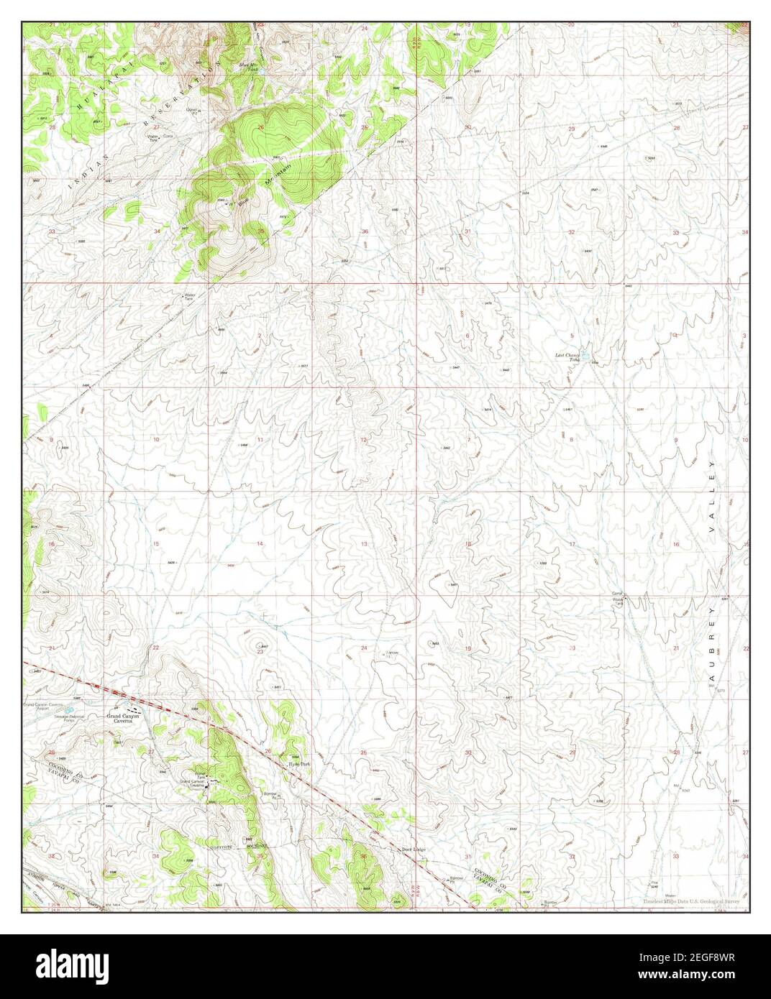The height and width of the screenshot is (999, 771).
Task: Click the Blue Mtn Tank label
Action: click(x=248, y=68)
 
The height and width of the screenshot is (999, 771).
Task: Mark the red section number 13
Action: click(x=364, y=544)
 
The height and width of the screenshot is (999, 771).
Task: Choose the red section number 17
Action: click(x=572, y=544)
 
